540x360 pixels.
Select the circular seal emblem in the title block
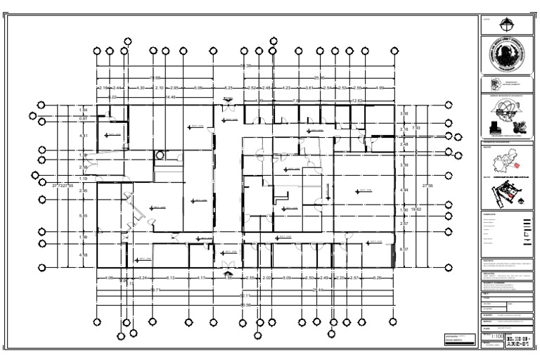point(506,54)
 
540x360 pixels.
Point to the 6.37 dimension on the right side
point(404,250)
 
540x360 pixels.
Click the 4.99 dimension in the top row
point(379,88)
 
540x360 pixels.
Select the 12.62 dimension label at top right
point(356,101)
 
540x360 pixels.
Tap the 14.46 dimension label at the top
point(170,97)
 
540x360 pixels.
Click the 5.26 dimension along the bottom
point(377,278)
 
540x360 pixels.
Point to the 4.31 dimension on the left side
point(84,135)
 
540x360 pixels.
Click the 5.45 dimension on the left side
point(84,216)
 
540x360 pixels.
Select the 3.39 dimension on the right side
point(404,165)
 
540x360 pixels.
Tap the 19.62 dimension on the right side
point(415,210)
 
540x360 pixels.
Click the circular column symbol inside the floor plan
point(160,155)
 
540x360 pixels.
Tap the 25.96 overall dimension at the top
point(319,77)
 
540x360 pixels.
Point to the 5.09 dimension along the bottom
point(287,278)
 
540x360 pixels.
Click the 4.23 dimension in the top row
point(286,88)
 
